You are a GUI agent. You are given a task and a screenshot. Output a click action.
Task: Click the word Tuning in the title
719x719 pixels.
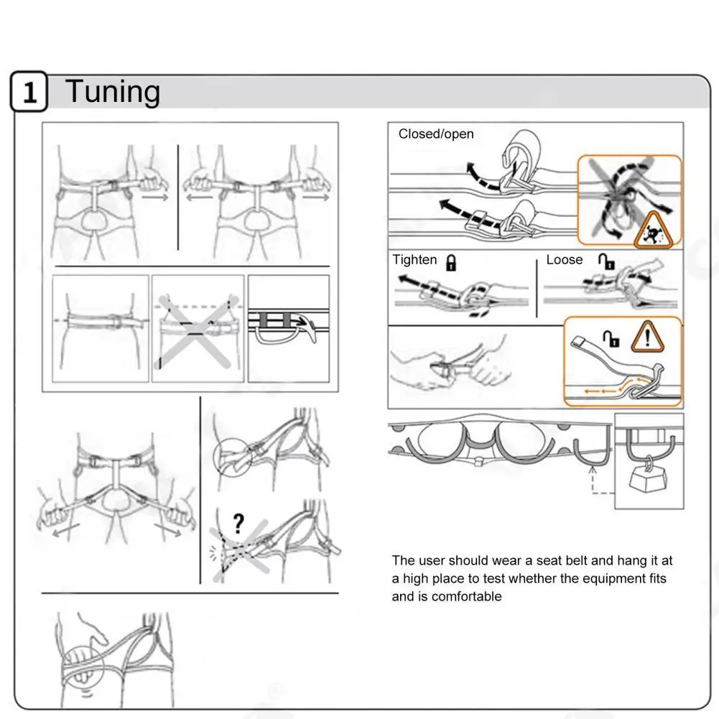click(x=113, y=93)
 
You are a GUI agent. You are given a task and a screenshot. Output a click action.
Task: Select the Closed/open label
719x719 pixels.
click(x=436, y=134)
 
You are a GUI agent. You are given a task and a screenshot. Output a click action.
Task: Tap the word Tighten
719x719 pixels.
click(x=414, y=260)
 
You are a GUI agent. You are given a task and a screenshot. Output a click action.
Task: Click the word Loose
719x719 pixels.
click(x=565, y=260)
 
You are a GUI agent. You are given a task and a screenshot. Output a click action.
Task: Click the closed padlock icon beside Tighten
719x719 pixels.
click(x=452, y=262)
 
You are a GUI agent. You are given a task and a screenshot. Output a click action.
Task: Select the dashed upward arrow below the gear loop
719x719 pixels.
click(x=593, y=478)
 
